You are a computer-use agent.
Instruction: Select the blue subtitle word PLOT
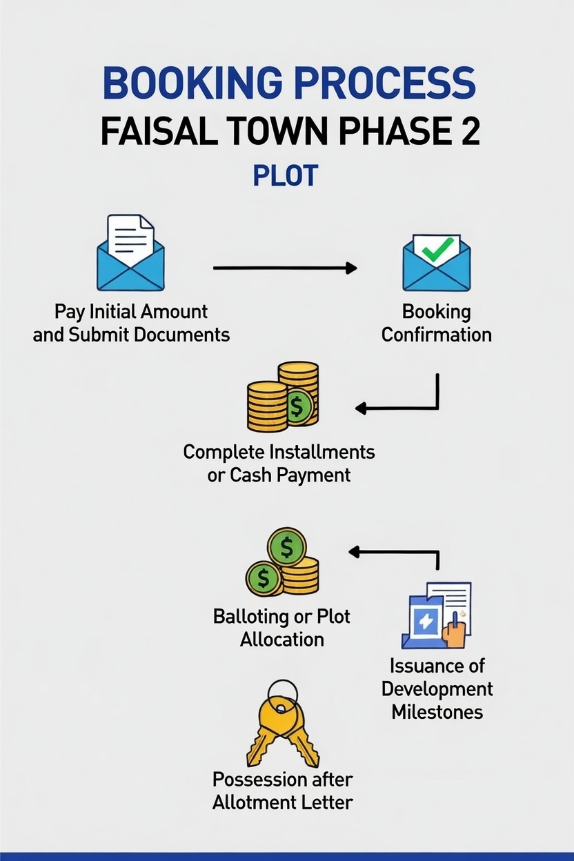click(x=286, y=176)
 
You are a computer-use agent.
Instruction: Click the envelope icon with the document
click(x=130, y=253)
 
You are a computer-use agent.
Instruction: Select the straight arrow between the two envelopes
click(x=284, y=268)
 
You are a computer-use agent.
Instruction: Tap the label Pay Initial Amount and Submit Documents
click(x=131, y=323)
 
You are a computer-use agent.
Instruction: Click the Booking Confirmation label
click(x=436, y=323)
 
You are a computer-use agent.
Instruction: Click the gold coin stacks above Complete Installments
click(x=284, y=397)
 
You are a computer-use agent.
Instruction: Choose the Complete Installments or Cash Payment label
click(x=279, y=464)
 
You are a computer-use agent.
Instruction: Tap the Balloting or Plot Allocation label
click(x=282, y=627)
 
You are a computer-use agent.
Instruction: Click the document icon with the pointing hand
click(x=436, y=615)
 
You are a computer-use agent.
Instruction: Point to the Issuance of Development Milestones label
click(x=437, y=689)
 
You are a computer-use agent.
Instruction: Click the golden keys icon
click(x=282, y=724)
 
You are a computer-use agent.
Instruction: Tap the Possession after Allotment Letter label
click(x=283, y=791)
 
